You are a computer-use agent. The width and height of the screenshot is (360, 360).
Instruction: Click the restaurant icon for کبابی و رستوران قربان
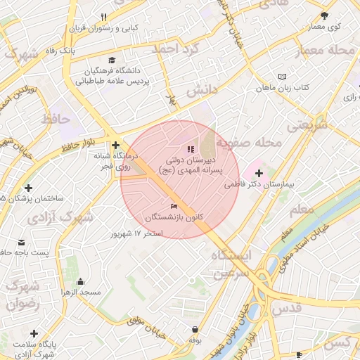103,18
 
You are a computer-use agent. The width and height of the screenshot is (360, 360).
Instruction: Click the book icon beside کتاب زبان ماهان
282,77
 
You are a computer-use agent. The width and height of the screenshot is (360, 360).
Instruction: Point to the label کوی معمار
324,27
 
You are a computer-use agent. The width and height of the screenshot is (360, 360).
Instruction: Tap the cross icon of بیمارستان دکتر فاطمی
259,173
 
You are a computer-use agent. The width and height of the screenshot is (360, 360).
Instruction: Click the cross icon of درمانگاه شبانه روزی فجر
115,145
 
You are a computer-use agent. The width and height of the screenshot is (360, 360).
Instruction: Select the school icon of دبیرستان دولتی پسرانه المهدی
189,149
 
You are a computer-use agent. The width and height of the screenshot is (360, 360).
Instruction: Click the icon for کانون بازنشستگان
174,205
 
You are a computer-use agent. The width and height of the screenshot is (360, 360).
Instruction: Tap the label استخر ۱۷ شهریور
138,233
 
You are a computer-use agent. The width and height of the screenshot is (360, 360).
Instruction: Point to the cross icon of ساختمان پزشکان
28,188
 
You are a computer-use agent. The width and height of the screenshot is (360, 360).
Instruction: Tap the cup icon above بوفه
194,329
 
